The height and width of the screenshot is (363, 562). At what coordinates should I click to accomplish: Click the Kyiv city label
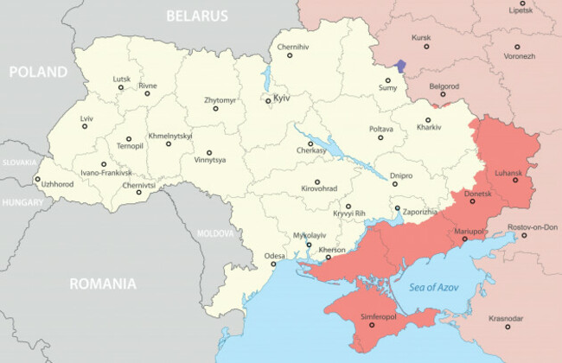[281, 99]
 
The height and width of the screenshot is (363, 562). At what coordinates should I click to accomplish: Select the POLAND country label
[37, 72]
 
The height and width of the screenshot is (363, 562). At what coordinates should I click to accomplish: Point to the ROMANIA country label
[103, 283]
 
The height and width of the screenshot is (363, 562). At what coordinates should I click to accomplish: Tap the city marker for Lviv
[85, 126]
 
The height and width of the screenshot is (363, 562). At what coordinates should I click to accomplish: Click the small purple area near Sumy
[399, 66]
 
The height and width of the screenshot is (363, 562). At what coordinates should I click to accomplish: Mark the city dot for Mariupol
[464, 240]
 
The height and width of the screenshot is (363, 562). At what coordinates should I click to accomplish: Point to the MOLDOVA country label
[215, 233]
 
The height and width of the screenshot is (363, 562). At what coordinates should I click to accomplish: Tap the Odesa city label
[274, 256]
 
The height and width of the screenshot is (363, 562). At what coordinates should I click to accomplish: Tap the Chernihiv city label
[292, 46]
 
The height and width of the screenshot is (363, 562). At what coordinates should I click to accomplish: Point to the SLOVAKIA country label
[19, 162]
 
